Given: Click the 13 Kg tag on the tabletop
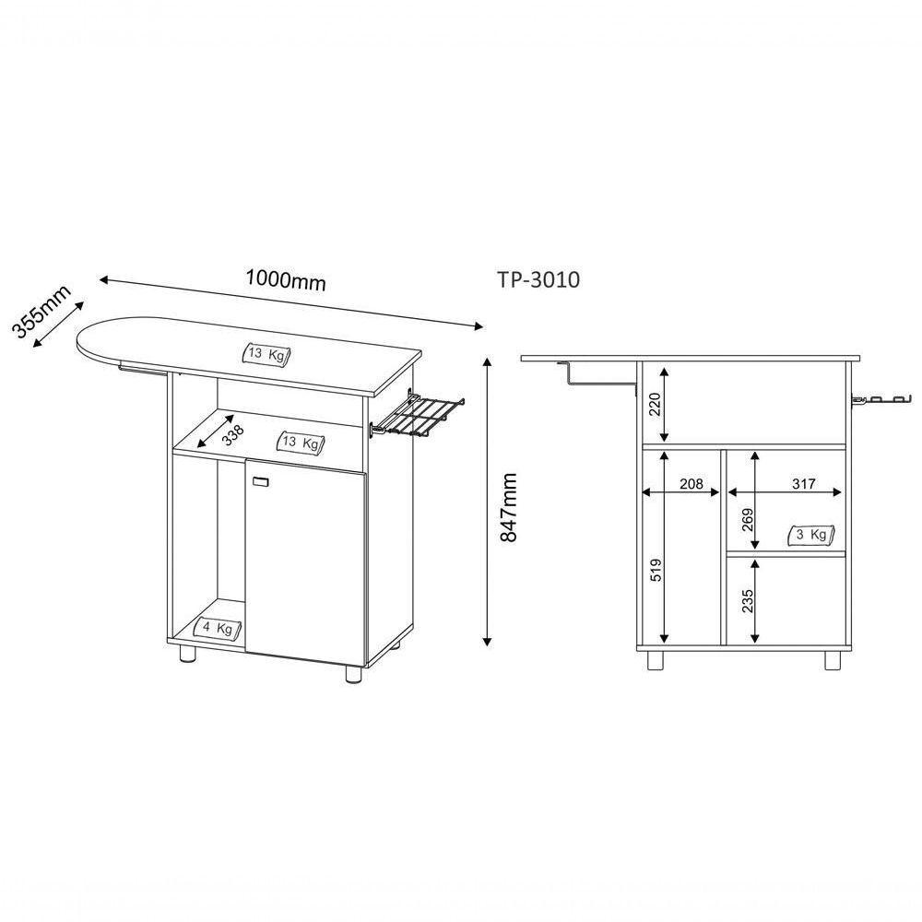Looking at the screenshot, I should [267, 353].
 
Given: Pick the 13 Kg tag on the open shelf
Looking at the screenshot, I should [301, 443].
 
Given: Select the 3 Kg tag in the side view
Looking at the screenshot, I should [811, 534].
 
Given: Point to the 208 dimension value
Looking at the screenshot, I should [691, 484].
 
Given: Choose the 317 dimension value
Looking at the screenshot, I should [804, 484].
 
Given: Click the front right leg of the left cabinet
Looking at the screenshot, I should [353, 673].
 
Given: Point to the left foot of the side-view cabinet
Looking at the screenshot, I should [656, 660].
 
